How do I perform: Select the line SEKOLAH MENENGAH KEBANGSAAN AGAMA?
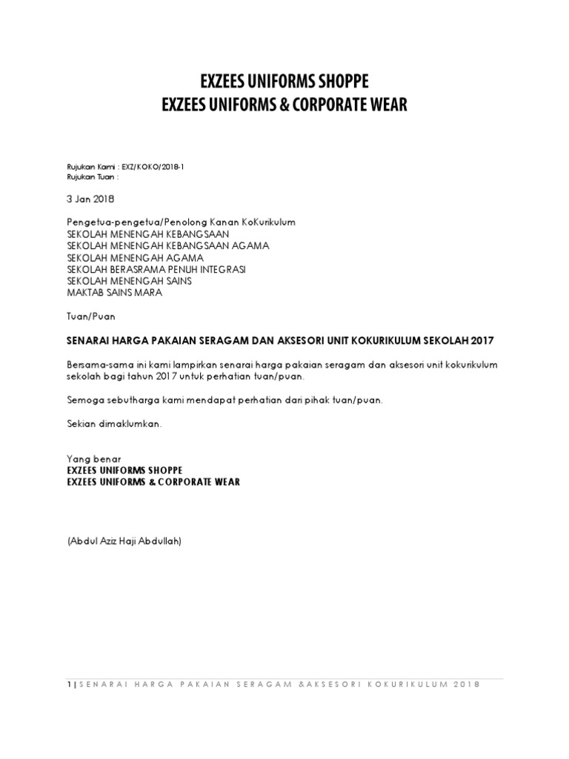(x=168, y=245)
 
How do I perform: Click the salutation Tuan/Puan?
(x=88, y=315)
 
